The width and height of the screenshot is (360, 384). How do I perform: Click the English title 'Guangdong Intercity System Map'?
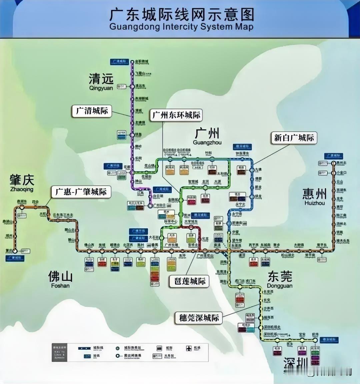pyautogui.click(x=181, y=27)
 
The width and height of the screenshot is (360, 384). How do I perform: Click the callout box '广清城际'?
pyautogui.click(x=92, y=111)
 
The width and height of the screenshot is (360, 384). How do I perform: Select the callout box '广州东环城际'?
pyautogui.click(x=176, y=115)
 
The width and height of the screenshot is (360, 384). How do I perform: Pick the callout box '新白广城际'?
pyautogui.click(x=294, y=138)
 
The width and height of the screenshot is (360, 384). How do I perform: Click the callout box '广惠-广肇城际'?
pyautogui.click(x=81, y=192)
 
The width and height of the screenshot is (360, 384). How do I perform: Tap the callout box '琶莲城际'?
pyautogui.click(x=190, y=281)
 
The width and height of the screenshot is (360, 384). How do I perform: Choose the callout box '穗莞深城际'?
pyautogui.click(x=199, y=318)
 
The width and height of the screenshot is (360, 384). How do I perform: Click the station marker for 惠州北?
pyautogui.click(x=334, y=163)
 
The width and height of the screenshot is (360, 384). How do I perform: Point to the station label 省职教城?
pyautogui.click(x=142, y=62)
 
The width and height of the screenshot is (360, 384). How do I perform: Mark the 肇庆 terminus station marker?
pyautogui.click(x=15, y=251)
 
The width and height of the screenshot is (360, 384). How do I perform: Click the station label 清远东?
pyautogui.click(x=140, y=86)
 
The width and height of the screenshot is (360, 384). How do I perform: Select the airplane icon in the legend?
pyautogui.click(x=189, y=348)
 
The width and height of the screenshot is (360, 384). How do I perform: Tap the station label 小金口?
pyautogui.click(x=341, y=173)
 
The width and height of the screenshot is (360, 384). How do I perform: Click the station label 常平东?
pyautogui.click(x=322, y=245)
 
